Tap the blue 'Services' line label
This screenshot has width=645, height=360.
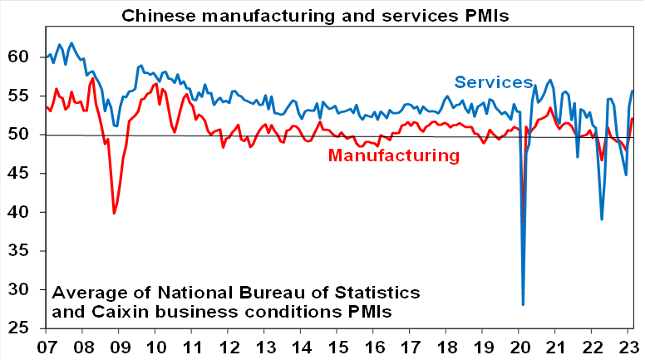(x=493, y=81)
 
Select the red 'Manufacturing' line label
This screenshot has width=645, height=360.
(x=394, y=155)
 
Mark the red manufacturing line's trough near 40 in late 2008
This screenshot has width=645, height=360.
(x=114, y=214)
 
